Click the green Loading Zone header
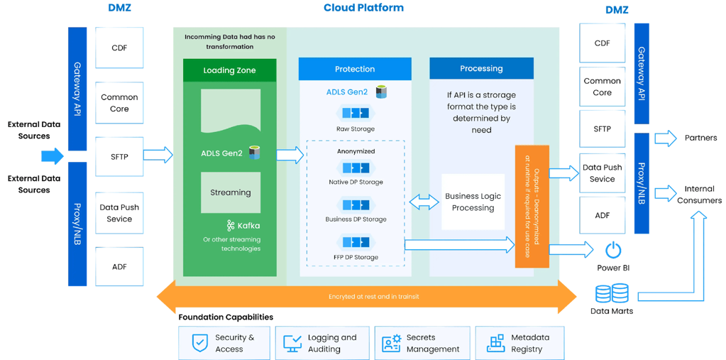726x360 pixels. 230,70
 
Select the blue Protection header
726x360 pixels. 355,69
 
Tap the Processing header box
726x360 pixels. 481,69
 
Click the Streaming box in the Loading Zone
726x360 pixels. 230,192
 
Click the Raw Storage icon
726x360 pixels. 355,114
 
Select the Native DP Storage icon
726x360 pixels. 355,168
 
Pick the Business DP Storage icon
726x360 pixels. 355,204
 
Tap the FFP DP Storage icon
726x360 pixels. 355,241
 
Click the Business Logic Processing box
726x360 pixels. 473,202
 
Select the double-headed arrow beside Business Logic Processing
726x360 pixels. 424,202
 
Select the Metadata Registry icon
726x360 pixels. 495,344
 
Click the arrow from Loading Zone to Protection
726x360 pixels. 290,155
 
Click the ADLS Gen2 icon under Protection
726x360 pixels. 382,92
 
